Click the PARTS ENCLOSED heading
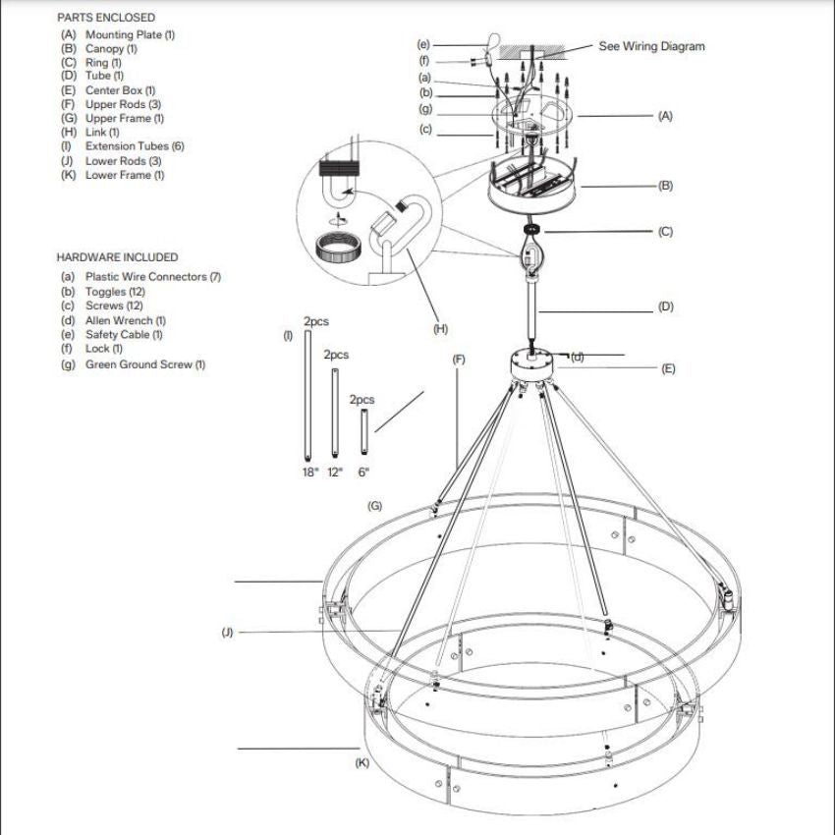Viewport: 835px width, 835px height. [x=106, y=18]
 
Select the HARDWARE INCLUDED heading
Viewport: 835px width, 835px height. [x=117, y=257]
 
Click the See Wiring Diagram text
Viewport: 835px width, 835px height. [x=651, y=46]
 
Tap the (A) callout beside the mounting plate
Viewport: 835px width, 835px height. [x=665, y=116]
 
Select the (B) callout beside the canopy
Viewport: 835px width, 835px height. [x=665, y=185]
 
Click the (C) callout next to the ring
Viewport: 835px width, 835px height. [x=665, y=232]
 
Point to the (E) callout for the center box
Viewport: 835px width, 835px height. [x=668, y=369]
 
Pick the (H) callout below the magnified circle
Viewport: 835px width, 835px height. [x=440, y=329]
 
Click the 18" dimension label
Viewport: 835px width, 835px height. [x=309, y=473]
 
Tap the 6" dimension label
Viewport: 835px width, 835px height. [x=363, y=473]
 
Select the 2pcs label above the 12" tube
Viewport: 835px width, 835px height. [x=336, y=355]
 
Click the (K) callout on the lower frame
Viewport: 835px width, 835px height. [x=362, y=763]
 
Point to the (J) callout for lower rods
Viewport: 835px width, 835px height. [x=227, y=632]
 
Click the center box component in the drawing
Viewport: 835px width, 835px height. [x=531, y=364]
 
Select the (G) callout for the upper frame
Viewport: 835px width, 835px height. [x=374, y=506]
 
